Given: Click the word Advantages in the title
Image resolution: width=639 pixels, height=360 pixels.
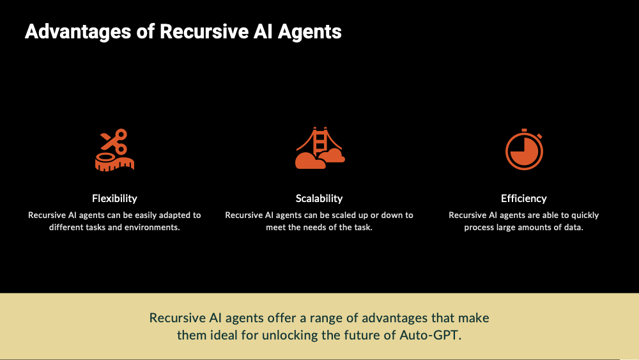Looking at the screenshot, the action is tap(78, 32).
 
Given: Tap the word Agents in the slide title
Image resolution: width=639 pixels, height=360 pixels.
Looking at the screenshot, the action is tap(310, 32).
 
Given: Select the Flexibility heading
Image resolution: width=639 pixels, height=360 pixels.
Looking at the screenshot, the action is tap(114, 199).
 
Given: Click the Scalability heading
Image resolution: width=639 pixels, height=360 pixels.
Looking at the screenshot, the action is tap(319, 199).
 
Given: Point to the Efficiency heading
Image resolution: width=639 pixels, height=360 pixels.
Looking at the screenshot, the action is tap(524, 199).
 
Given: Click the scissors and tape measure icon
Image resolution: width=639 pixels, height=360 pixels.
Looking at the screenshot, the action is tap(114, 150).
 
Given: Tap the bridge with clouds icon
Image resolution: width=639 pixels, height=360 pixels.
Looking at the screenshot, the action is tap(320, 148).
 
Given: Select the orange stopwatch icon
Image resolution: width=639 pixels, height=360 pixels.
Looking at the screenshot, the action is tap(524, 149).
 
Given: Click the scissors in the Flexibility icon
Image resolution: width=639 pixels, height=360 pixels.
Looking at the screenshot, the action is tap(114, 141).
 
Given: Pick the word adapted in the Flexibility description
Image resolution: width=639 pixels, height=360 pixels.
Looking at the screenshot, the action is tap(174, 215).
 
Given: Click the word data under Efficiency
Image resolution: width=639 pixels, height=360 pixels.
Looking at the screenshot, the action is tap(574, 228).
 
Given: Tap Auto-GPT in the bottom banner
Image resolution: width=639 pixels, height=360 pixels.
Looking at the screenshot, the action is tap(430, 335).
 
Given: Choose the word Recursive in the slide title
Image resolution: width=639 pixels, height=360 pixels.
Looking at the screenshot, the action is tap(204, 32).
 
